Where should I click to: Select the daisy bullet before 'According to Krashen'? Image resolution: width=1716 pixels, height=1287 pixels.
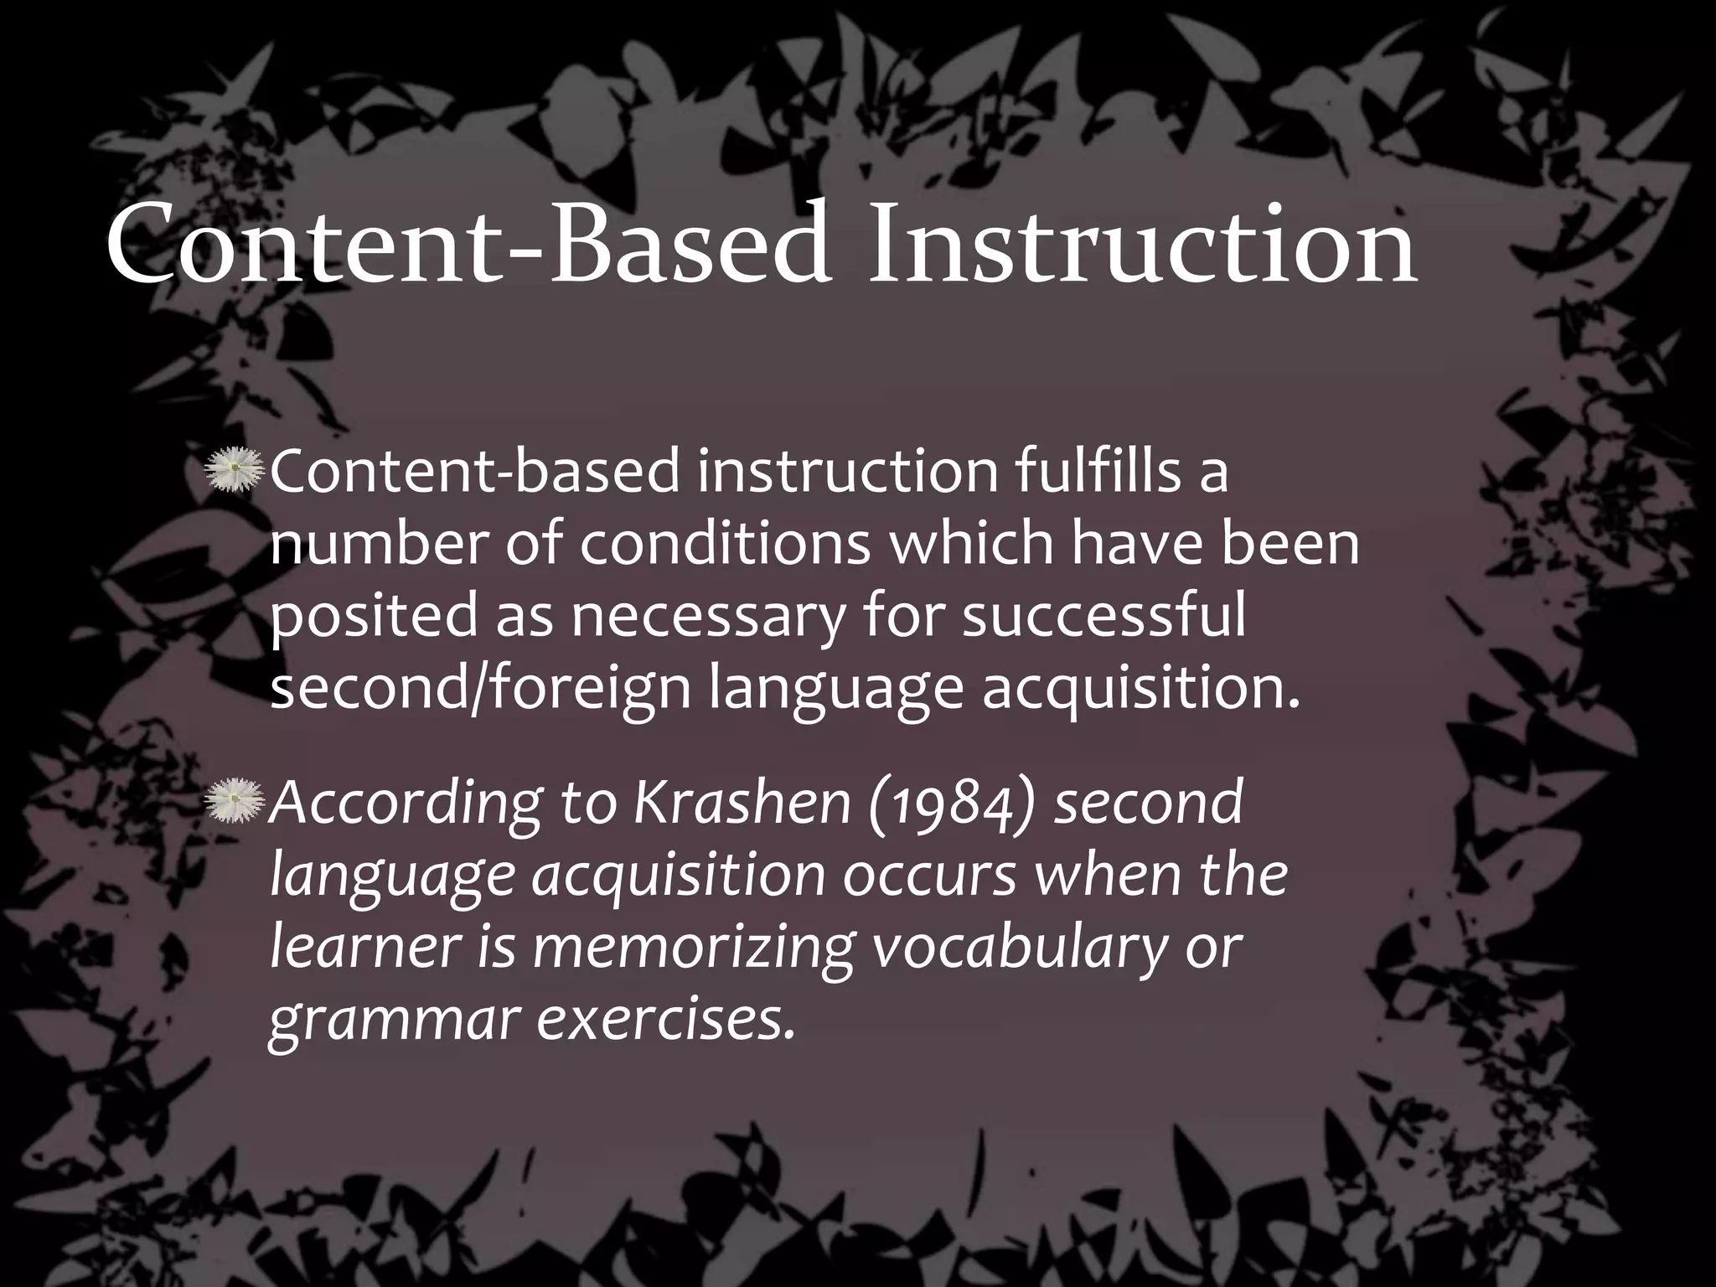tap(235, 800)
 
